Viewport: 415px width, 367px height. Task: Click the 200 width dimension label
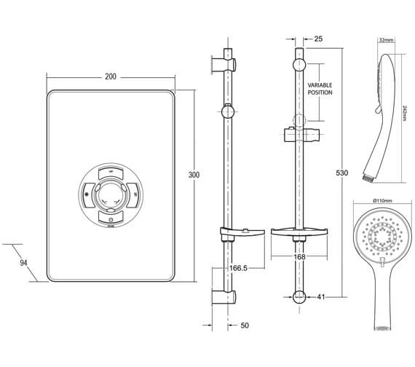[x=111, y=76]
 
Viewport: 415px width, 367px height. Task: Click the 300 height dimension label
[x=194, y=175]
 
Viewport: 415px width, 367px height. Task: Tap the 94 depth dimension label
[x=23, y=263]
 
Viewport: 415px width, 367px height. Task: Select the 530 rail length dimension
[x=342, y=173]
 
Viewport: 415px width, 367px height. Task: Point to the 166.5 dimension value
[x=238, y=268]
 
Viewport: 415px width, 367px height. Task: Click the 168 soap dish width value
[x=300, y=256]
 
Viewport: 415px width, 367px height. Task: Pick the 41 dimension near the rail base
[x=321, y=297]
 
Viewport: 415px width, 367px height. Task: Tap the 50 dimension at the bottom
[x=245, y=325]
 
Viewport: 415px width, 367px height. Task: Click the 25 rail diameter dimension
[x=318, y=39]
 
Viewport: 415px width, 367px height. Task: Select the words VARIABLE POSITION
[x=320, y=89]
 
